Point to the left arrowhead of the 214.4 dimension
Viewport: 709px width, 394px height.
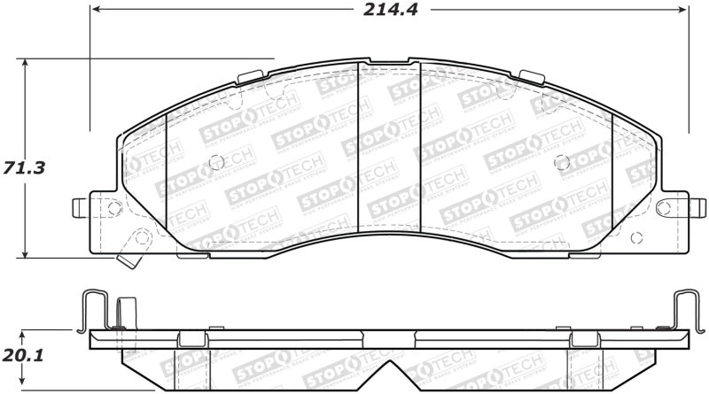(95, 12)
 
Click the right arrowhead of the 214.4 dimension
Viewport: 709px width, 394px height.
(682, 12)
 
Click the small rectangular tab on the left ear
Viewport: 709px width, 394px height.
(76, 208)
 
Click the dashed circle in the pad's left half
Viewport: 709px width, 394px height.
(214, 161)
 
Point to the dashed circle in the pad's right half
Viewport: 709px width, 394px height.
(560, 161)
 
